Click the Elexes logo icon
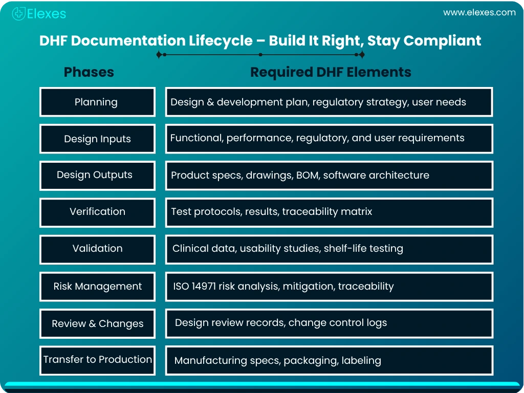(x=19, y=14)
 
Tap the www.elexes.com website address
(x=479, y=13)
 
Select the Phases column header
(x=89, y=72)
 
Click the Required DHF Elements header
(x=331, y=72)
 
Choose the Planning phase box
(x=98, y=102)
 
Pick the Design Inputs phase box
(x=98, y=139)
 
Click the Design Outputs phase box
(x=98, y=176)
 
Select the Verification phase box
(x=98, y=213)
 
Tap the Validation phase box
(x=98, y=250)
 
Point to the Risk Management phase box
(x=98, y=287)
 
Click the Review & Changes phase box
(x=98, y=323)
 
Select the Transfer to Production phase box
(x=98, y=361)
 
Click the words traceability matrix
(x=327, y=211)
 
